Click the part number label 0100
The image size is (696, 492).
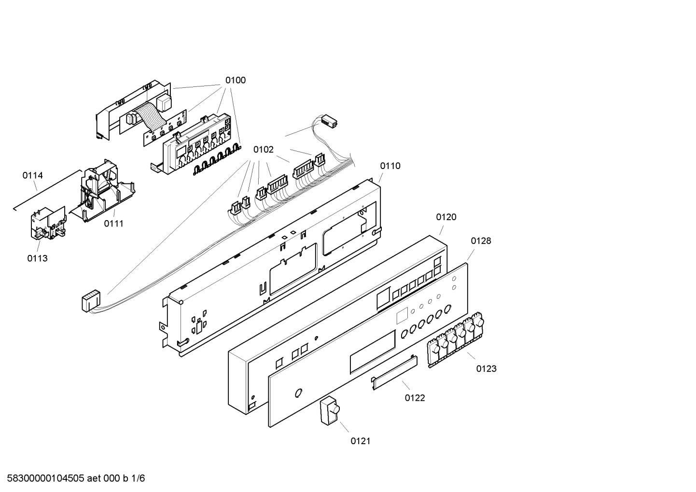click(235, 80)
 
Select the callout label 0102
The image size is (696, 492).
click(264, 150)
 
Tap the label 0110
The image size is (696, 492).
click(390, 166)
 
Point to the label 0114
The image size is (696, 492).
click(33, 175)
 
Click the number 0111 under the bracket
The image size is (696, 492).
click(114, 224)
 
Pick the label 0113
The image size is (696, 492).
click(37, 258)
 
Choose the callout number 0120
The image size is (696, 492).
click(446, 217)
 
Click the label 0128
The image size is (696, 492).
click(481, 241)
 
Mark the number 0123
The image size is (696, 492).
click(486, 368)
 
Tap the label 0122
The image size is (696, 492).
click(415, 398)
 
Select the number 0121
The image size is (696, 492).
click(361, 441)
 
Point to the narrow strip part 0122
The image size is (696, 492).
click(394, 372)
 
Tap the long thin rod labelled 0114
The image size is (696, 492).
click(47, 190)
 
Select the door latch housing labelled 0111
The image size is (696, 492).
click(102, 191)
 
